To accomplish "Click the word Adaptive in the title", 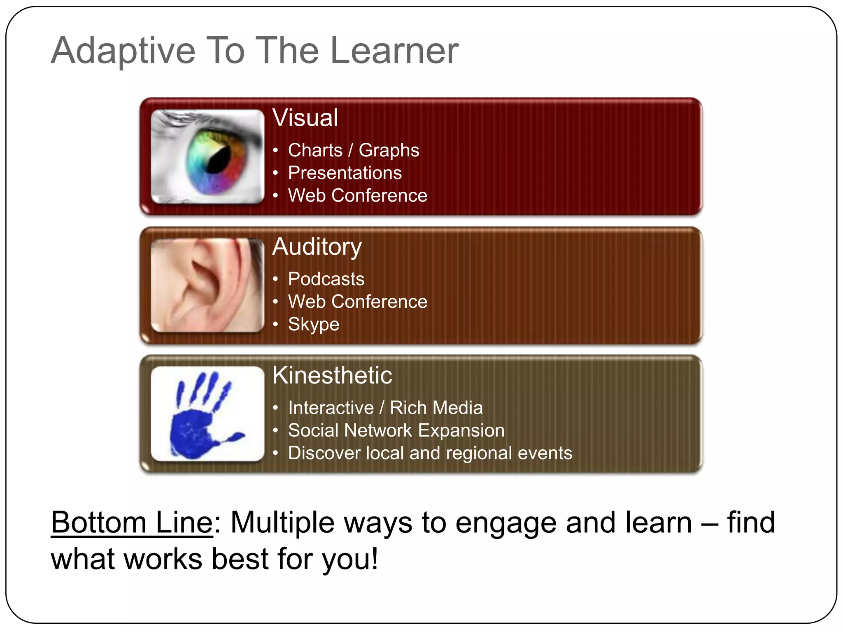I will click(x=123, y=51).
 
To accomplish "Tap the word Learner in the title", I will click(x=394, y=51).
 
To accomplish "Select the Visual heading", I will click(x=305, y=118).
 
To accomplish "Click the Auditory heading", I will click(x=317, y=247).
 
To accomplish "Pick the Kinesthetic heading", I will click(x=332, y=375).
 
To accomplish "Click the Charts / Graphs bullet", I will click(x=353, y=150).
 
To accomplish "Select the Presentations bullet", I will click(x=345, y=173).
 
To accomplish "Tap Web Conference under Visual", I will click(x=357, y=195).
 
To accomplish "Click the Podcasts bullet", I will click(x=326, y=279).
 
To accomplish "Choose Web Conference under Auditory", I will click(x=357, y=302).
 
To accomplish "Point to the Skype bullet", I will click(x=313, y=324).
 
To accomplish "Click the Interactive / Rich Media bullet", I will click(x=385, y=408).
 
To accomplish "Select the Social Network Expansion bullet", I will click(x=396, y=430).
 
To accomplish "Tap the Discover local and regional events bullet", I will click(x=430, y=453).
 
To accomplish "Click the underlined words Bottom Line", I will click(x=132, y=523).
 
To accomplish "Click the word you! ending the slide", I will click(x=350, y=560).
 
